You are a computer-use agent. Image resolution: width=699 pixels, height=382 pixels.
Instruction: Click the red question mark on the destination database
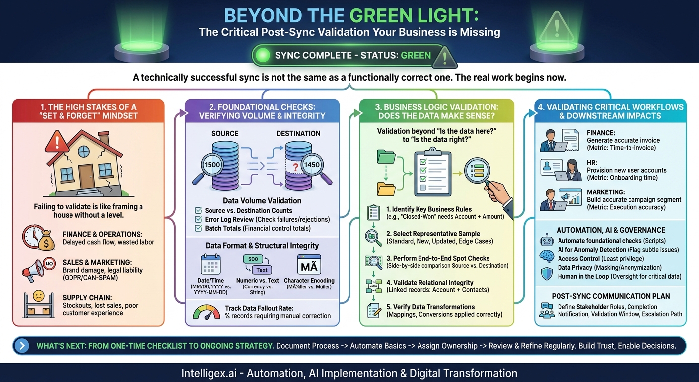pos(295,168)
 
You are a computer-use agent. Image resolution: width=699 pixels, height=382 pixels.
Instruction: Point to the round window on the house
pos(83,152)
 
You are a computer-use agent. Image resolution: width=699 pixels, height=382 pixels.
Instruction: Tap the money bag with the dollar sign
pos(46,240)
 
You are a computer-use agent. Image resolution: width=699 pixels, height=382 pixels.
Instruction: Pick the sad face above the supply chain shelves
pos(39,295)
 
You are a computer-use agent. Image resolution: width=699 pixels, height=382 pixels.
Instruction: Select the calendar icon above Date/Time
pos(210,264)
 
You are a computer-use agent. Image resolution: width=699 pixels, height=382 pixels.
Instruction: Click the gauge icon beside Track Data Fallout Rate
pos(207,312)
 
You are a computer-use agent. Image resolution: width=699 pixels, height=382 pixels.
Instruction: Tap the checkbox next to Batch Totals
pos(198,228)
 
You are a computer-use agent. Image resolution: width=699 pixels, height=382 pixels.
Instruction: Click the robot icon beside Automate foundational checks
pos(547,240)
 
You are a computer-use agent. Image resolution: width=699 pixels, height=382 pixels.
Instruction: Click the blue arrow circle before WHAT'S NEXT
pos(22,346)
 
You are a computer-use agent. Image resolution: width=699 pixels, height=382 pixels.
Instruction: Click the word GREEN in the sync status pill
pos(416,55)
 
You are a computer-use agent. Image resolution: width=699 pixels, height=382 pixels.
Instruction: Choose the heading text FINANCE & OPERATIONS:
pos(102,234)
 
